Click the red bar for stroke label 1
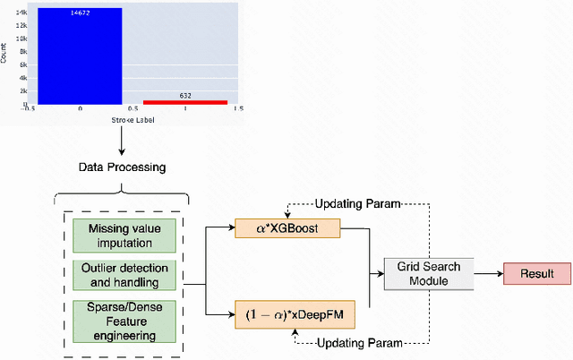coord(186,102)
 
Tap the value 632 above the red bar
coord(186,94)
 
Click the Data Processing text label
coord(121,167)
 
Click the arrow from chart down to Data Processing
coord(121,139)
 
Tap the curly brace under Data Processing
coord(121,192)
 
